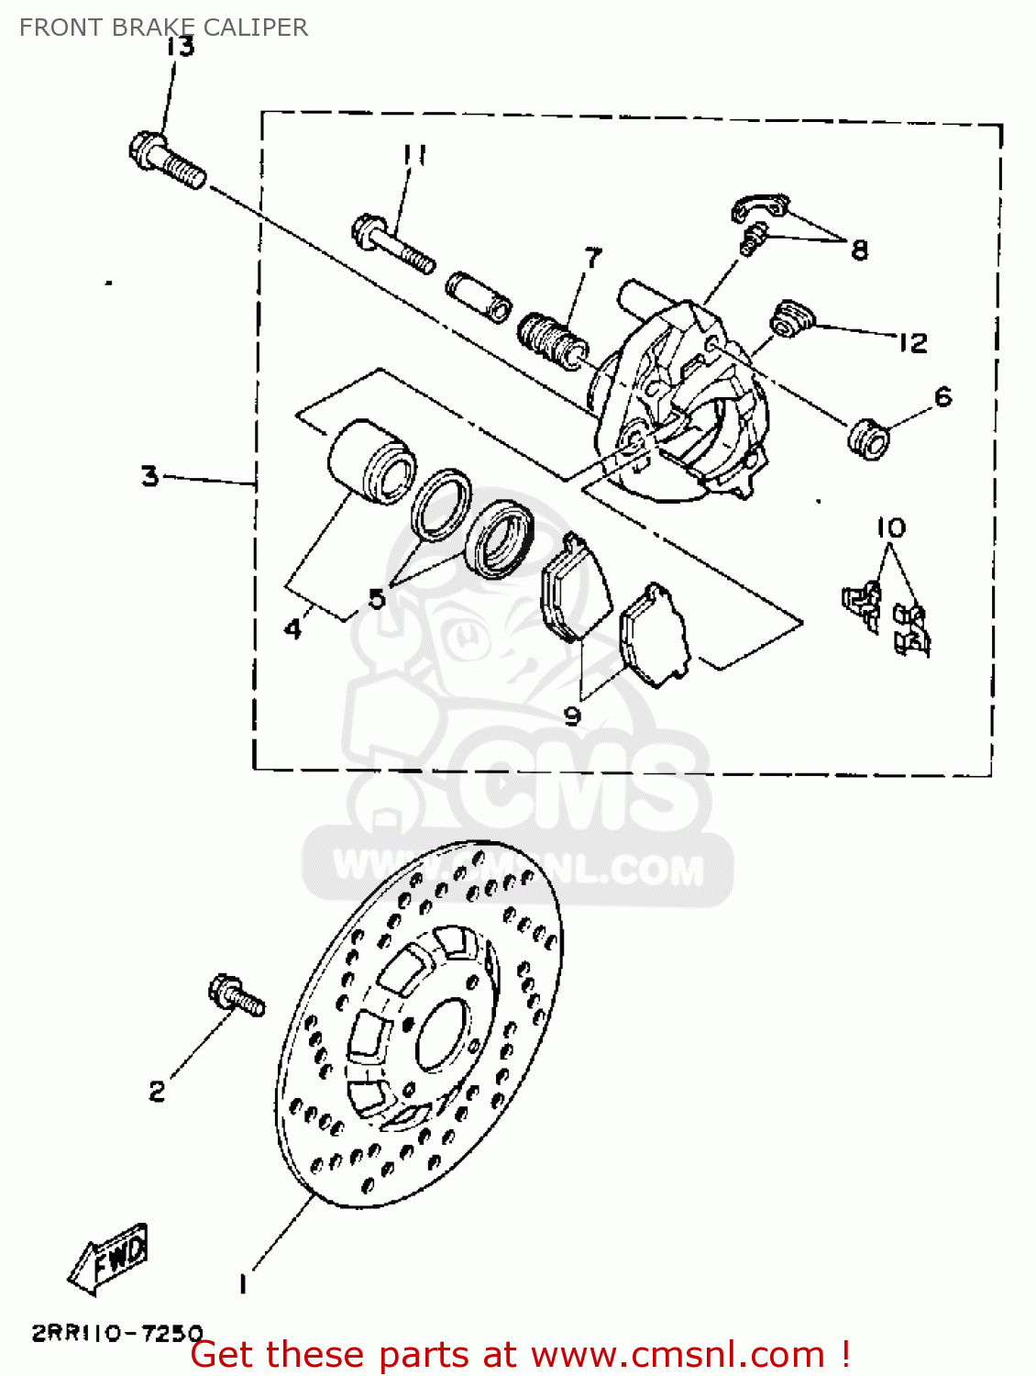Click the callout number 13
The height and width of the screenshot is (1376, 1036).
[182, 46]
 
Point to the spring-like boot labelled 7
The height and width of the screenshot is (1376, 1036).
[549, 338]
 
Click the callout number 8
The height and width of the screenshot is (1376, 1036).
[859, 249]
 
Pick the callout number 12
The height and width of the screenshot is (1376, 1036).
[912, 343]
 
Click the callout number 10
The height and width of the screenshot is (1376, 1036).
[890, 527]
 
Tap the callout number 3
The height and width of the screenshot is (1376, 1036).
[150, 476]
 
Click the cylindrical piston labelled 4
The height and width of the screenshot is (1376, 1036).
[367, 461]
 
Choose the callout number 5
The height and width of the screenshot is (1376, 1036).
[377, 599]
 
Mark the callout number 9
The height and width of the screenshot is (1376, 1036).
[573, 715]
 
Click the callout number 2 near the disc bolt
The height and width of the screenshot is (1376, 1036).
[158, 1091]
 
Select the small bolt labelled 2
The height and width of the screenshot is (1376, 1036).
[236, 995]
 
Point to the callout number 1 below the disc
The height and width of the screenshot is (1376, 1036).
[243, 1283]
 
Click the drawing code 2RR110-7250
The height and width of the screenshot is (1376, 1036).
[117, 1333]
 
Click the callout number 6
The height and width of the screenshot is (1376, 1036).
[943, 396]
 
